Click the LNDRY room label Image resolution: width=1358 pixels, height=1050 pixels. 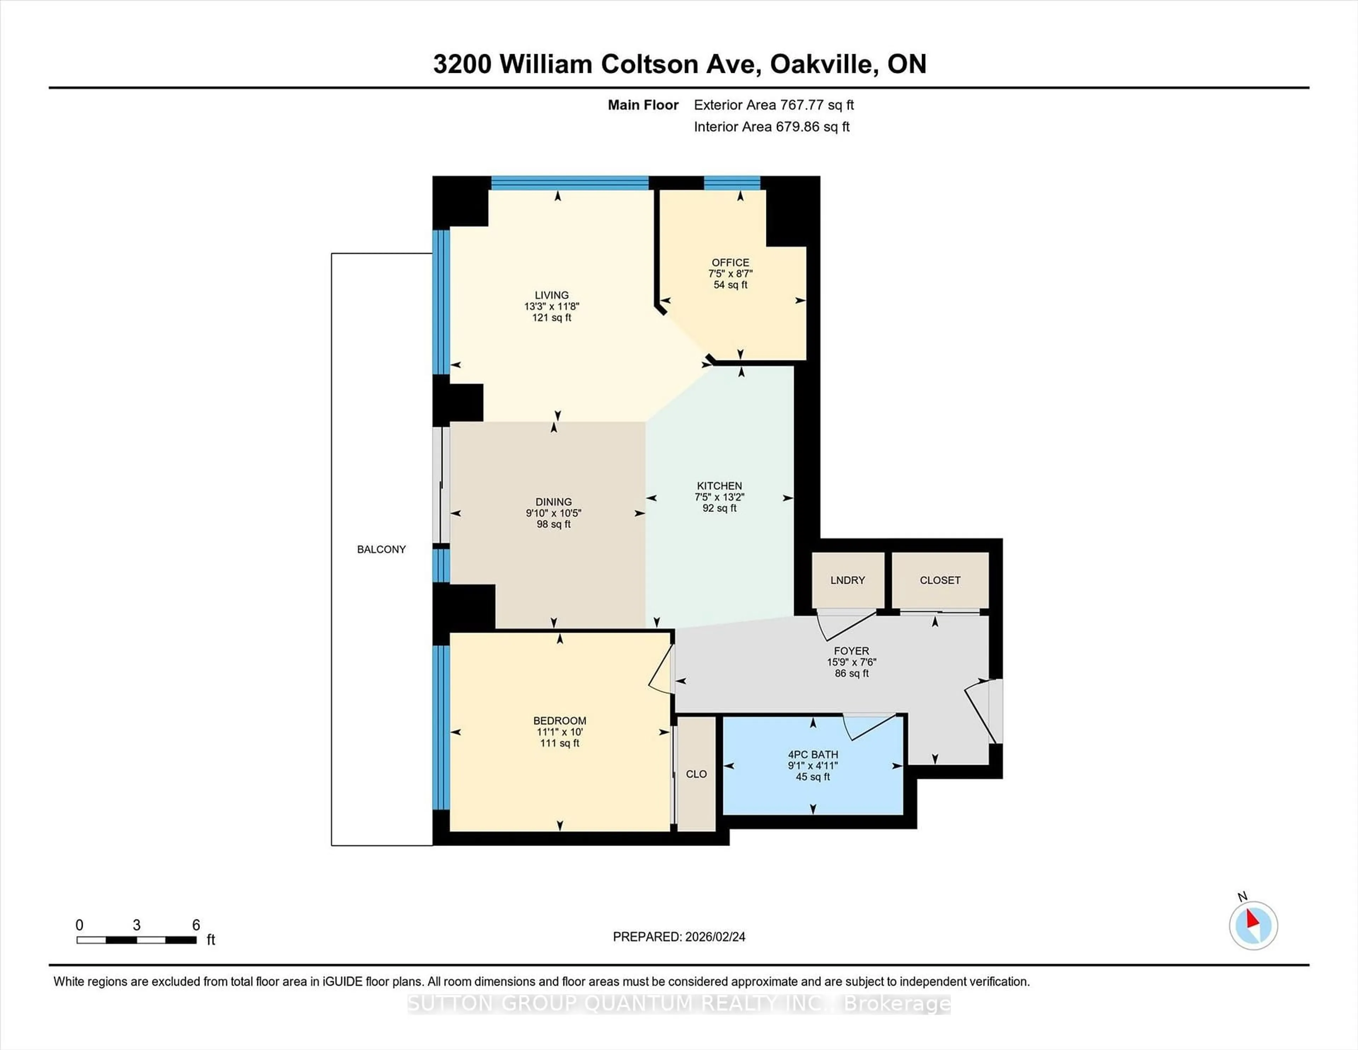tap(847, 580)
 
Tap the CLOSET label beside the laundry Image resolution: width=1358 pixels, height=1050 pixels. tap(940, 580)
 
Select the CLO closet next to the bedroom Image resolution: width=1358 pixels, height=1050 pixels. tap(696, 774)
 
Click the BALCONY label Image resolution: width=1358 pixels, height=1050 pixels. tap(381, 549)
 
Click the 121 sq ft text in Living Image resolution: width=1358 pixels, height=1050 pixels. tap(552, 318)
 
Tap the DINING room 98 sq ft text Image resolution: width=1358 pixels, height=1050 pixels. tap(553, 524)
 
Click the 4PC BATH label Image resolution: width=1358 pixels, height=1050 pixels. tap(813, 754)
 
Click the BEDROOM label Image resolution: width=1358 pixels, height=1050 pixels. tap(559, 720)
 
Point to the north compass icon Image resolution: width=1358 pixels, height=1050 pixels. tap(1253, 925)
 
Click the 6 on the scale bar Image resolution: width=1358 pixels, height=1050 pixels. tap(196, 925)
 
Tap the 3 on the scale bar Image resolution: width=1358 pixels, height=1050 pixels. tap(137, 925)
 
